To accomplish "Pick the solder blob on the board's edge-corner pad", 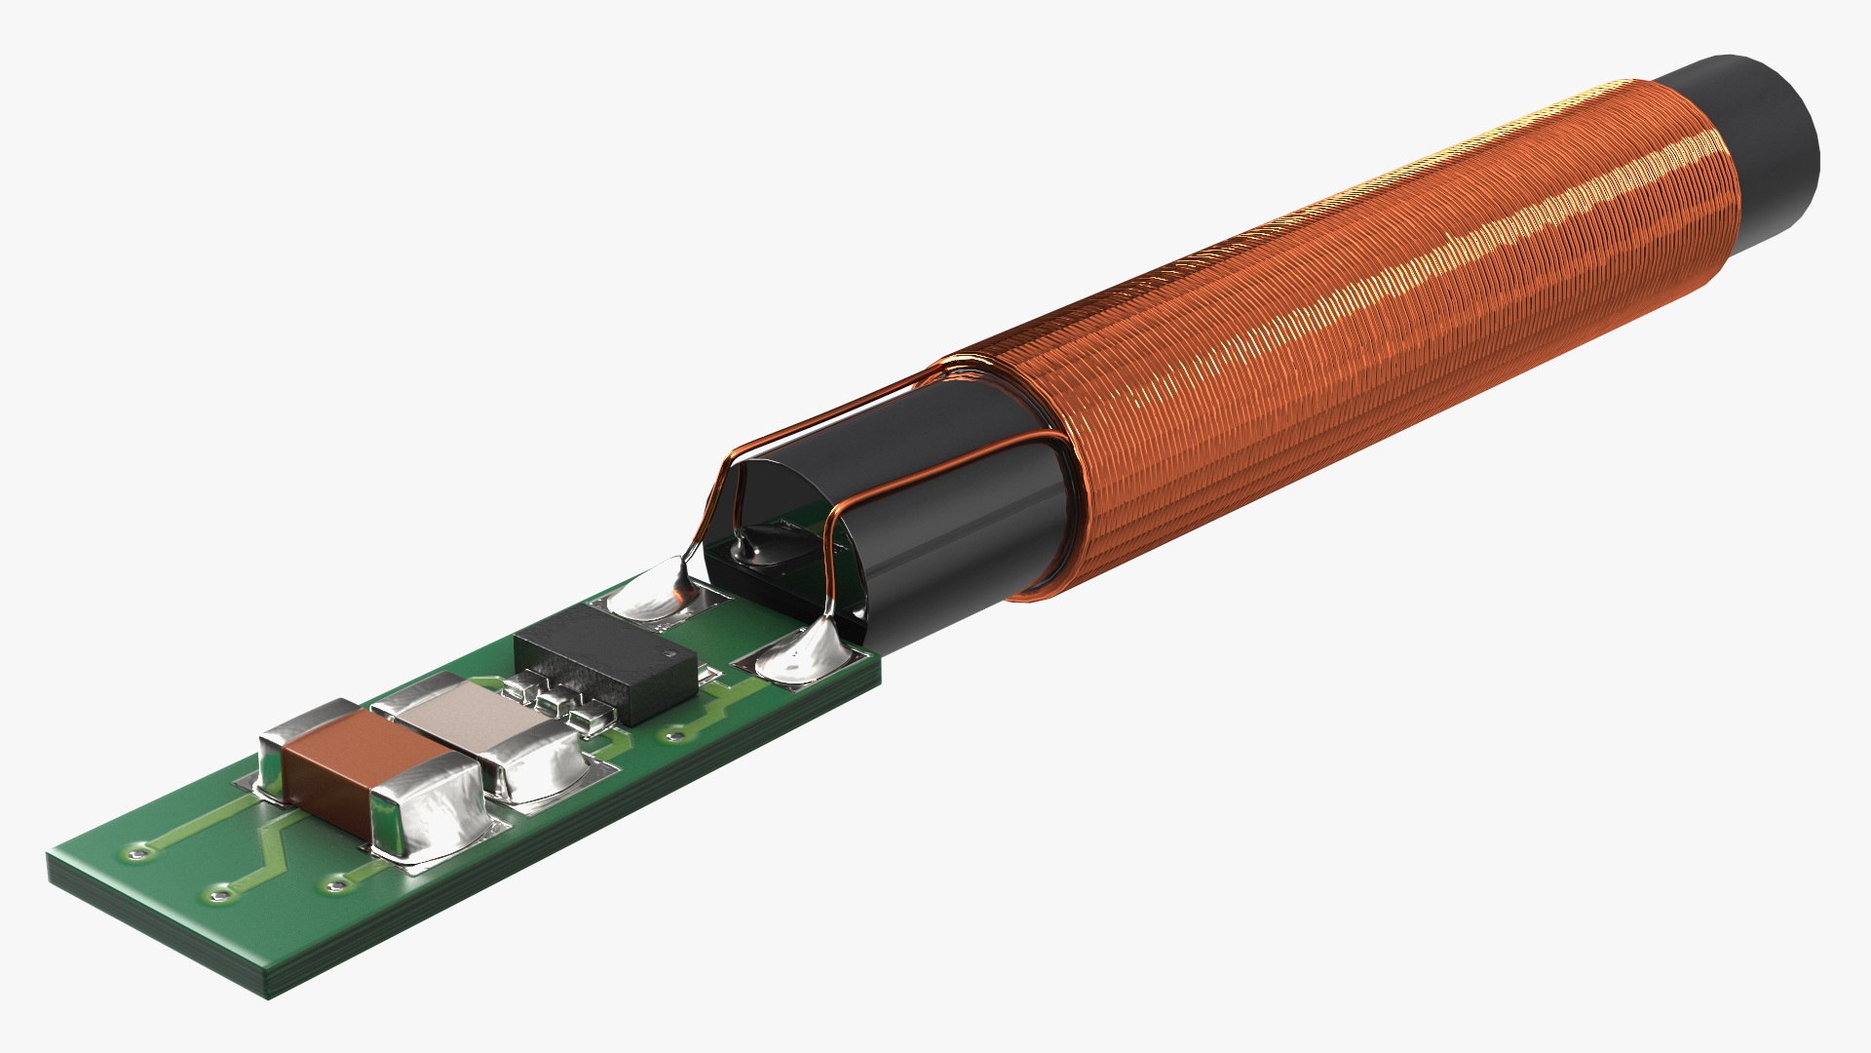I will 799,657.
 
